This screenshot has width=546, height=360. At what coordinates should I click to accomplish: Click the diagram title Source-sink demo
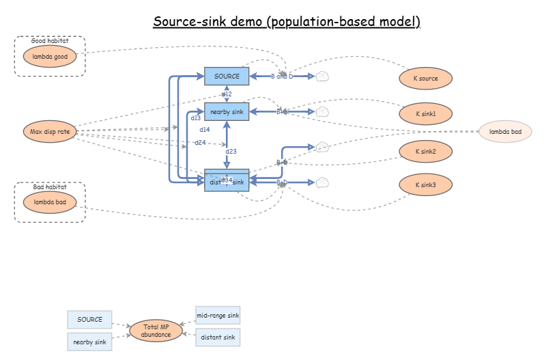pyautogui.click(x=286, y=21)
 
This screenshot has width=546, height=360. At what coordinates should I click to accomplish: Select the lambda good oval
pyautogui.click(x=50, y=57)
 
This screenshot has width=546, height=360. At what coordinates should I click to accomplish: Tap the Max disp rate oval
pyautogui.click(x=50, y=131)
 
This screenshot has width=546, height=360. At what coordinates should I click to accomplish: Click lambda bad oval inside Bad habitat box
pyautogui.click(x=50, y=202)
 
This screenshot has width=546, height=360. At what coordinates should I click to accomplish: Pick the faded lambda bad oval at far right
pyautogui.click(x=505, y=131)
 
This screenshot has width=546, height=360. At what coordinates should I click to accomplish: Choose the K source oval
pyautogui.click(x=426, y=79)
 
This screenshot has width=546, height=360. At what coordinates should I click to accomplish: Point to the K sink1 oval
pyautogui.click(x=426, y=113)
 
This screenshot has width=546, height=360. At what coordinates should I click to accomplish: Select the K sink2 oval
pyautogui.click(x=426, y=151)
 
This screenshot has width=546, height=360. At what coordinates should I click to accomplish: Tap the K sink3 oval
pyautogui.click(x=426, y=184)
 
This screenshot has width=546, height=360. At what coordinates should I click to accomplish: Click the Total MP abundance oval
pyautogui.click(x=156, y=331)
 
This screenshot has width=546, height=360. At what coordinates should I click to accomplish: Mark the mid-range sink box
pyautogui.click(x=218, y=316)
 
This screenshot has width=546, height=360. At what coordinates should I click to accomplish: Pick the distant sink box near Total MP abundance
pyautogui.click(x=218, y=337)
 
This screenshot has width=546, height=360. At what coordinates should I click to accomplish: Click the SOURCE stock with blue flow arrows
pyautogui.click(x=227, y=77)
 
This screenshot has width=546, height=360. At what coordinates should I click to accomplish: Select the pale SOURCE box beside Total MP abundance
pyautogui.click(x=89, y=319)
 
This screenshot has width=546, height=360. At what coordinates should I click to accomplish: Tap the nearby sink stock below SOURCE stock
pyautogui.click(x=227, y=111)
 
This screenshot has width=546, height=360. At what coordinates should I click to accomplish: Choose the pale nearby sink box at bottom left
pyautogui.click(x=89, y=342)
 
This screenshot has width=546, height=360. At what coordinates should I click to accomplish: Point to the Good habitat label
pyautogui.click(x=50, y=41)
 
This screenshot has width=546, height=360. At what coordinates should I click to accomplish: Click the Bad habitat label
pyautogui.click(x=50, y=186)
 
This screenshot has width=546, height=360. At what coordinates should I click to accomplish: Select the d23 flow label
pyautogui.click(x=231, y=152)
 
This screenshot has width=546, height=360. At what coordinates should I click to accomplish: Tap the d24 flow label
pyautogui.click(x=200, y=143)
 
